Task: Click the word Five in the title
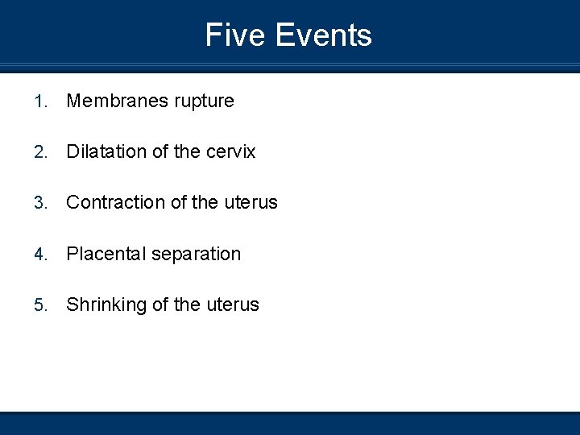(x=234, y=35)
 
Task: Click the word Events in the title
(x=323, y=35)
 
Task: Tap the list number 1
(x=39, y=101)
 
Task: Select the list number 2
(x=39, y=152)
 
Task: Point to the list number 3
(x=39, y=203)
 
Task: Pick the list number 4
(x=39, y=255)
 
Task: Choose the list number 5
(x=39, y=305)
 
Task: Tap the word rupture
(x=204, y=102)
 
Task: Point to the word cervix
(x=230, y=152)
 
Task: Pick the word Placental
(x=106, y=254)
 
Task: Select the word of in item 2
(x=159, y=151)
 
